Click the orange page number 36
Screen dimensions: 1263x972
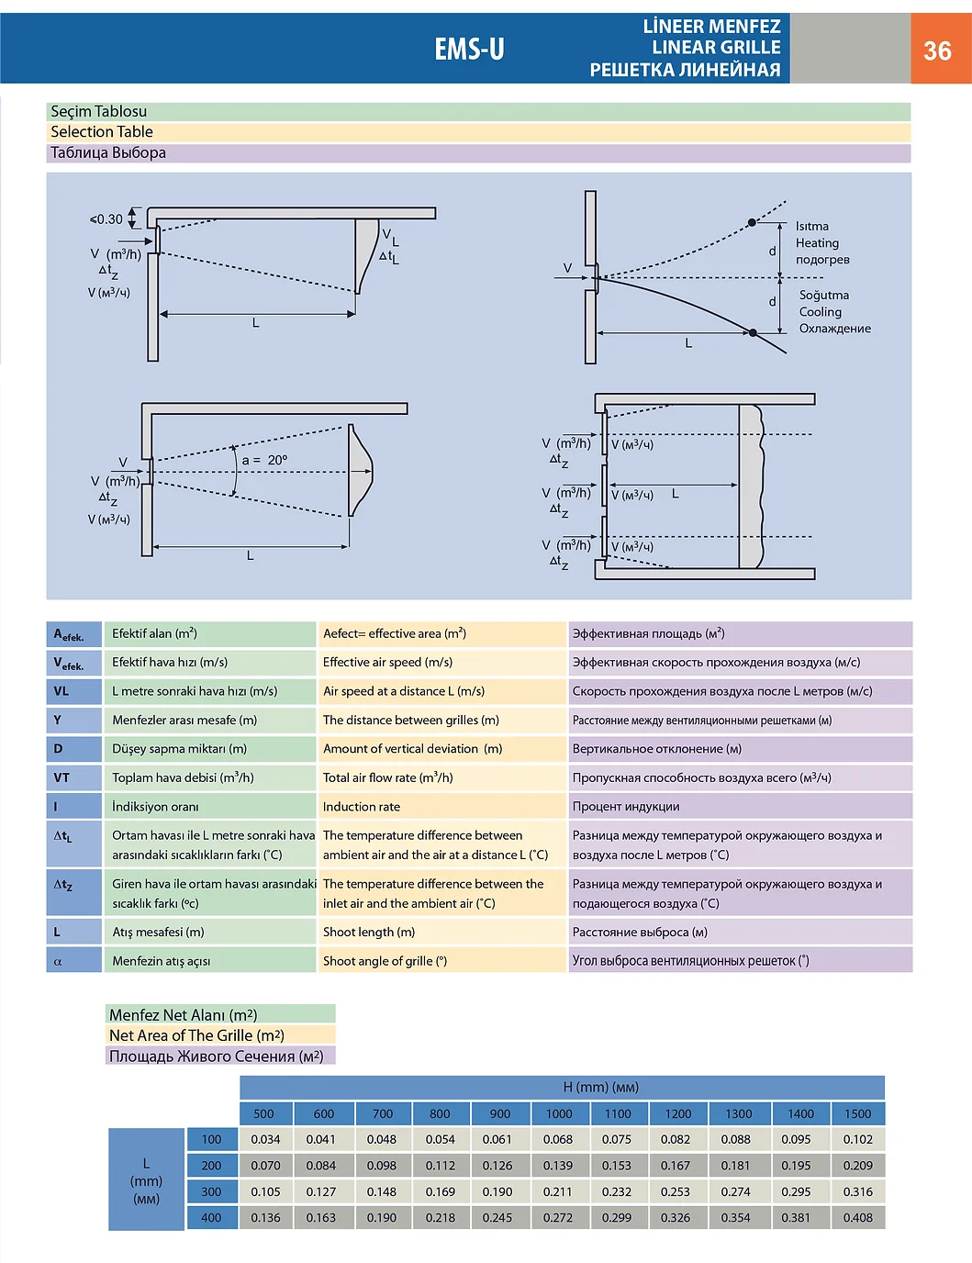[x=937, y=50]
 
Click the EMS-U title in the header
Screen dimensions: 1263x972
[x=469, y=49]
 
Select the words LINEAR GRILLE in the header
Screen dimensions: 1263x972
[x=716, y=48]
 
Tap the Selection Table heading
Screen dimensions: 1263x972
[x=102, y=132]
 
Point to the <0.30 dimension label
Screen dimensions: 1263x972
[x=106, y=219]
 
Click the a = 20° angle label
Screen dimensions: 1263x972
[x=264, y=460]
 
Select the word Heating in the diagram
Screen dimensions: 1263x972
[x=817, y=243]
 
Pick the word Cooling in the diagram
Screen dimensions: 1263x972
[x=820, y=312]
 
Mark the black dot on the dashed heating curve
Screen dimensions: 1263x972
[x=752, y=223]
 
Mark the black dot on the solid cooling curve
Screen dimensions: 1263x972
[x=753, y=332]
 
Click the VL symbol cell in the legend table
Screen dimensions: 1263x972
[x=73, y=691]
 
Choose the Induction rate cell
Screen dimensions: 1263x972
[x=362, y=807]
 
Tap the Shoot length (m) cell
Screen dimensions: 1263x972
[x=369, y=933]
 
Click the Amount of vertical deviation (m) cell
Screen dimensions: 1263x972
[x=412, y=749]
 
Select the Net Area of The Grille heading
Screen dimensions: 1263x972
[x=196, y=1035]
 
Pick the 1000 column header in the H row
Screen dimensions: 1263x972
[x=559, y=1114]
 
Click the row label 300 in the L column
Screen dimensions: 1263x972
[x=211, y=1192]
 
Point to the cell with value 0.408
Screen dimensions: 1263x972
[x=857, y=1218]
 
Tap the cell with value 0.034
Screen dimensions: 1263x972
[x=265, y=1140]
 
